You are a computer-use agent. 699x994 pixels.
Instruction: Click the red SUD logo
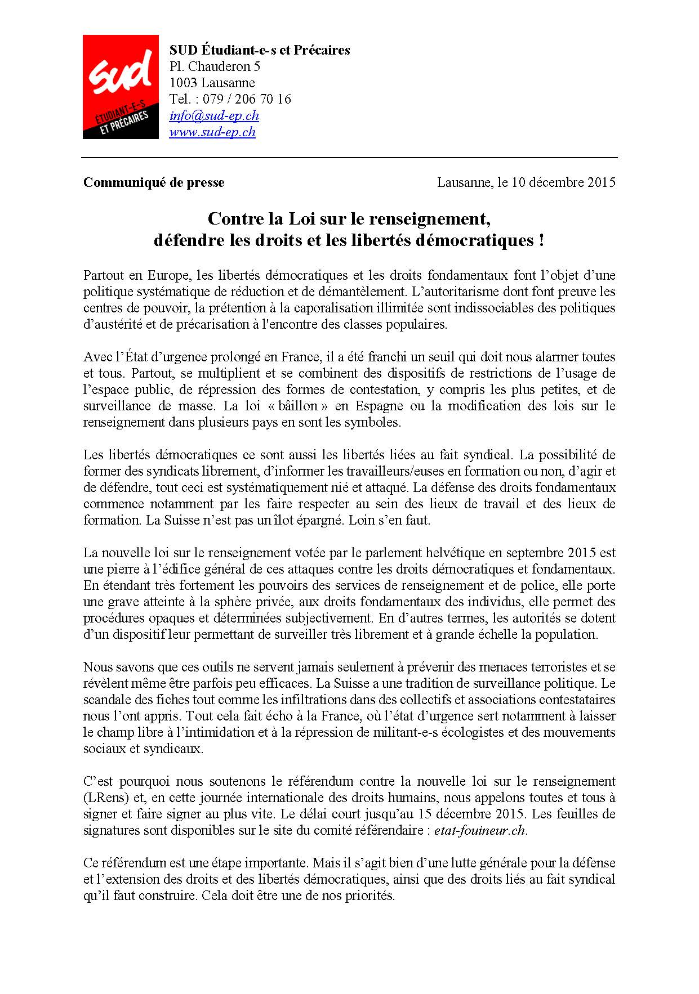tap(120, 87)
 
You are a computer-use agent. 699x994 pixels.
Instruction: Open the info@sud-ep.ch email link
tap(214, 116)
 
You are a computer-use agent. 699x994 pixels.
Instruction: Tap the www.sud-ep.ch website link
tap(212, 132)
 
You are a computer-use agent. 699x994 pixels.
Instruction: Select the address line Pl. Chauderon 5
tap(215, 67)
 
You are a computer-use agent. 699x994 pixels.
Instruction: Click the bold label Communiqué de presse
tap(154, 182)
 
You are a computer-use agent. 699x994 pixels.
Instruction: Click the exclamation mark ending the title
tap(541, 241)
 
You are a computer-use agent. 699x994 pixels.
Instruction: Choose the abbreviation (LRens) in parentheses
tap(104, 798)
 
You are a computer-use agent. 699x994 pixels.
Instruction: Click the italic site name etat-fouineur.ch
tap(480, 830)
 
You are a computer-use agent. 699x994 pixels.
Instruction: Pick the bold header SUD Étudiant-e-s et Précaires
tap(260, 50)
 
